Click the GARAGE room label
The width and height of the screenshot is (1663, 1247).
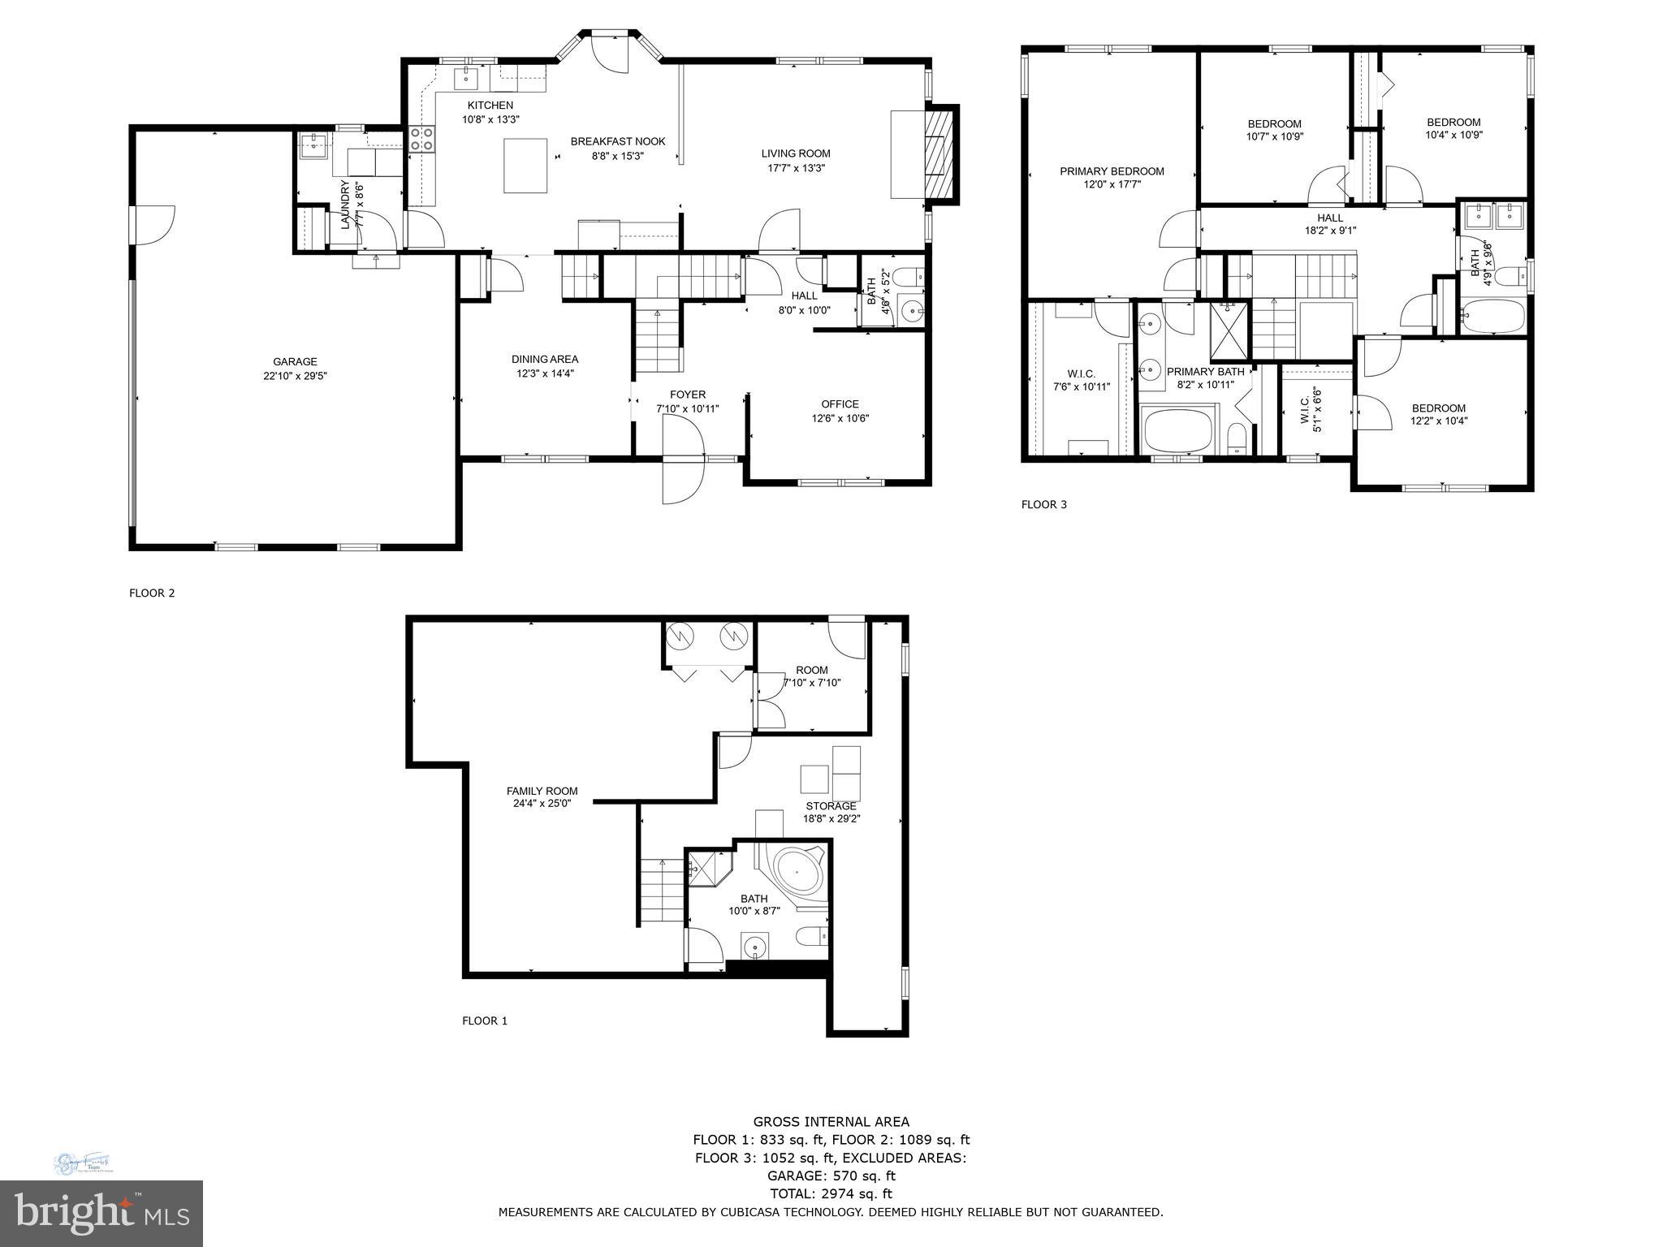(295, 362)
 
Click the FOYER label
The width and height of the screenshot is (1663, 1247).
(687, 395)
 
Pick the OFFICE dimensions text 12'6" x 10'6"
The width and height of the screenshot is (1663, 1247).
(840, 419)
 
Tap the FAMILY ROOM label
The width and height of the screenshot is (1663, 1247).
(542, 791)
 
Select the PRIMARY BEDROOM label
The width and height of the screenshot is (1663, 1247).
(1112, 171)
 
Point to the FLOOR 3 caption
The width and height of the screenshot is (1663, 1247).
(1043, 505)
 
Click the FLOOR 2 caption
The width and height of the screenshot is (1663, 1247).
(152, 593)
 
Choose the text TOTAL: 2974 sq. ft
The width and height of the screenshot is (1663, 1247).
(831, 1193)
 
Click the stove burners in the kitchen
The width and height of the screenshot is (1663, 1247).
(421, 139)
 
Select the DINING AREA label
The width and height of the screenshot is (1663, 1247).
(545, 360)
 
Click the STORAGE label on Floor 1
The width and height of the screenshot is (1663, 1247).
(831, 806)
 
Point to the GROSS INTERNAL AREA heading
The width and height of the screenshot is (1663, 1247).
(831, 1122)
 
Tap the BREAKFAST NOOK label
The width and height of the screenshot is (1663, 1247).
(617, 141)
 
